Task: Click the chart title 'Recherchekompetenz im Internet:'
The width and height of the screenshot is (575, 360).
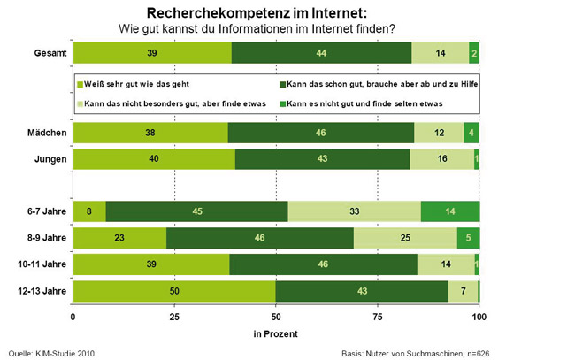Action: (x=257, y=11)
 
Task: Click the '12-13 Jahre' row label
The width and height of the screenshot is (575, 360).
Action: (x=39, y=291)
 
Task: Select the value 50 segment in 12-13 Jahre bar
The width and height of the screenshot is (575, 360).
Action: (x=174, y=291)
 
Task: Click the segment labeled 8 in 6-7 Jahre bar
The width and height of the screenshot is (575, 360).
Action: (x=88, y=211)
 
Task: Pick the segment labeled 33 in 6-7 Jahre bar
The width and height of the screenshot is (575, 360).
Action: (x=354, y=211)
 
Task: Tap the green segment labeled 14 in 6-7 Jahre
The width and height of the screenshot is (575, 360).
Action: (x=450, y=211)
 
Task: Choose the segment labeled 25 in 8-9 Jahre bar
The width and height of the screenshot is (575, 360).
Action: (x=405, y=238)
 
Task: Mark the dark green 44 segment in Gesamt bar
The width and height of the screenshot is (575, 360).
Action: (x=321, y=53)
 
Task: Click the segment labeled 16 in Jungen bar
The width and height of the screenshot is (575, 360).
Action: (x=441, y=158)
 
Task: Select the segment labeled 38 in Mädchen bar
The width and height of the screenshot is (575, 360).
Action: (x=150, y=133)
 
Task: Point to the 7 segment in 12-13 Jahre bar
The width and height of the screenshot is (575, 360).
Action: (x=463, y=291)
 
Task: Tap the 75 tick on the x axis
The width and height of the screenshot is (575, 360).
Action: (x=378, y=316)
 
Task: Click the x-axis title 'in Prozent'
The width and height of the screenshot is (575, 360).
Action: (x=275, y=334)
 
